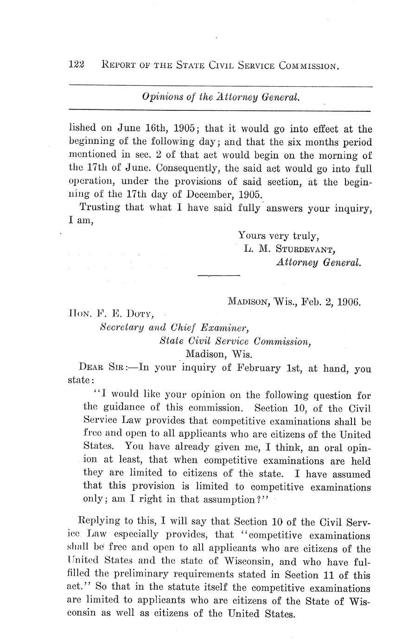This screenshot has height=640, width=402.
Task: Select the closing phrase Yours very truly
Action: [278, 235]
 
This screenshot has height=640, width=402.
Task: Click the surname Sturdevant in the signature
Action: [305, 249]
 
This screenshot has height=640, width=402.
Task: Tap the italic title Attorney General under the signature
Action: [318, 262]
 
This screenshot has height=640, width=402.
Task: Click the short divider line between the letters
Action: [218, 276]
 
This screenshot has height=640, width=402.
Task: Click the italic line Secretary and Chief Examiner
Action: [175, 328]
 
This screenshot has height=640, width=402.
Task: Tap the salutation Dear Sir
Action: [100, 369]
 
